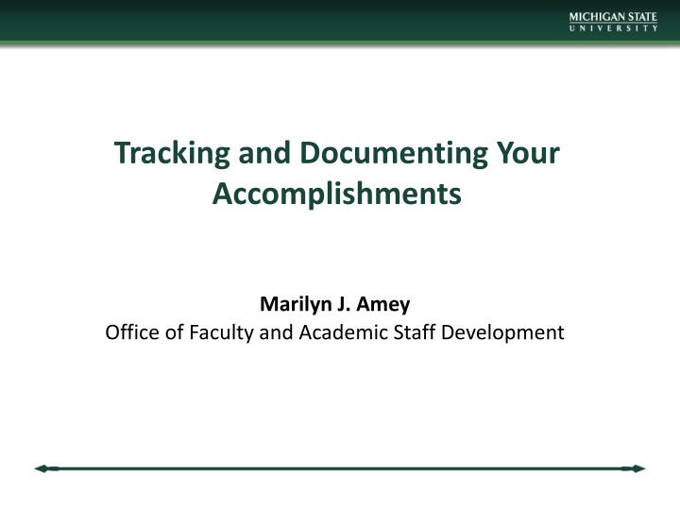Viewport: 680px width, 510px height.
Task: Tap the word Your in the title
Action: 531,153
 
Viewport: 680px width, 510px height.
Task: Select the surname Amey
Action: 384,305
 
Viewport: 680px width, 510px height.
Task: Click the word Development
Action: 501,332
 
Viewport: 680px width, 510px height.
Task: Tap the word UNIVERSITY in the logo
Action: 613,28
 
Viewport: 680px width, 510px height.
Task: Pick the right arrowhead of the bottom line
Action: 638,468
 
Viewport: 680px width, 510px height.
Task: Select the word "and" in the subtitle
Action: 272,332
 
